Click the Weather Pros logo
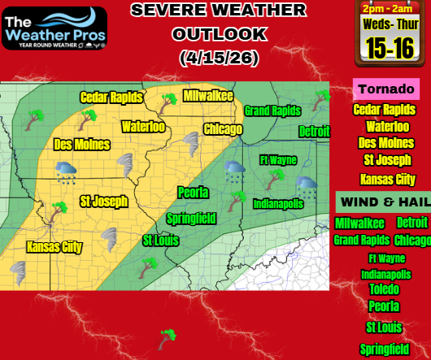point(54,28)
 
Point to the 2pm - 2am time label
point(386,9)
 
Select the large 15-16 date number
point(388,48)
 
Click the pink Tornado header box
point(385,88)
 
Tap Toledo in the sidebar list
point(384,289)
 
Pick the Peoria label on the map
point(194,193)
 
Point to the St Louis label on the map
point(159,241)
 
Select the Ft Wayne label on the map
point(278,160)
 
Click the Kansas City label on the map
point(54,246)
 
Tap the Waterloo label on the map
point(143,127)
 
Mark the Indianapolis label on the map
point(278,203)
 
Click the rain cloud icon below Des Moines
point(66,171)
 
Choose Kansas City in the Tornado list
point(386,180)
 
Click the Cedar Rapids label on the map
point(111,98)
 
